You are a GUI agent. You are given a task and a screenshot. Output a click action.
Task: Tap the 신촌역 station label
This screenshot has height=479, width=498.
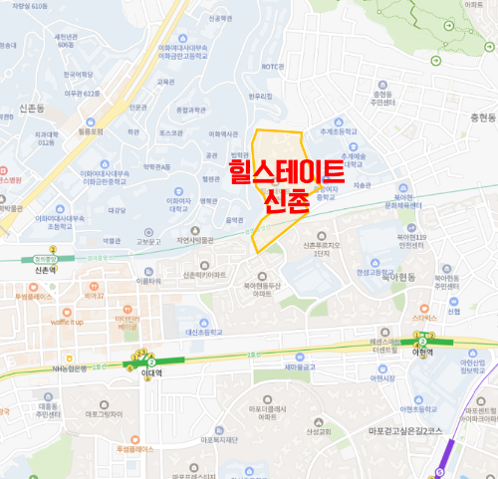tap(43, 270)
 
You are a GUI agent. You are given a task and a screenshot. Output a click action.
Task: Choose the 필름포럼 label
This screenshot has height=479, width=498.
tap(91, 129)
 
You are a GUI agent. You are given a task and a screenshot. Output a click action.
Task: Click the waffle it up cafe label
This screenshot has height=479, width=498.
tap(67, 323)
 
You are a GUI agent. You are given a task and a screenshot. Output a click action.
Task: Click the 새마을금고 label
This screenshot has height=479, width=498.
tap(272, 367)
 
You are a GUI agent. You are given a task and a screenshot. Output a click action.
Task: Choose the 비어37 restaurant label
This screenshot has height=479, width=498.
tap(94, 296)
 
